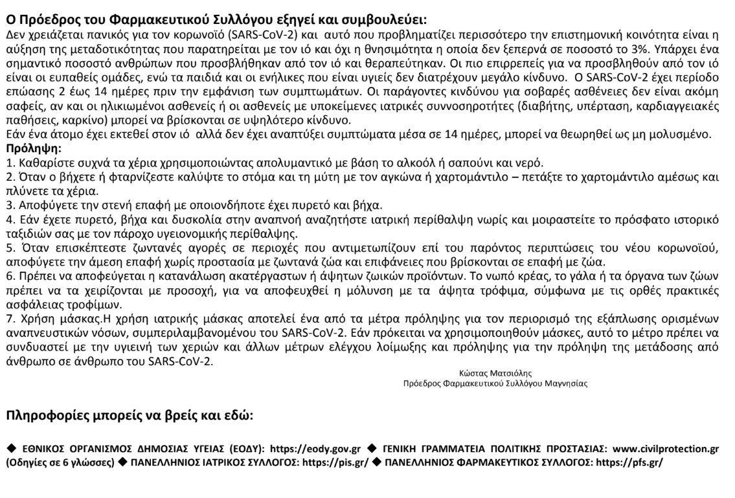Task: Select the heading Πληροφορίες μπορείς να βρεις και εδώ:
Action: click(x=130, y=417)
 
